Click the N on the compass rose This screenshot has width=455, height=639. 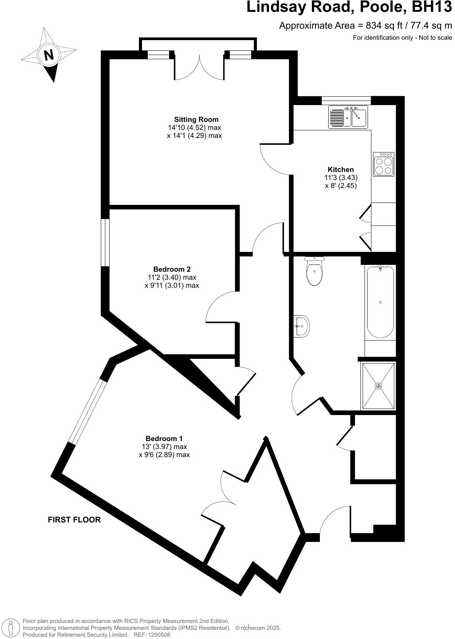click(x=49, y=55)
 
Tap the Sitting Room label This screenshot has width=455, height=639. click(x=196, y=120)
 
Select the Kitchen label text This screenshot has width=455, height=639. click(x=340, y=169)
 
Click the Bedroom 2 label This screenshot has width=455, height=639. click(x=172, y=269)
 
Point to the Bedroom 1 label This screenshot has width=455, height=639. click(x=164, y=438)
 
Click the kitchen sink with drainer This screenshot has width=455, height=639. click(x=347, y=117)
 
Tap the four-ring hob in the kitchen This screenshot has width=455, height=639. click(x=384, y=164)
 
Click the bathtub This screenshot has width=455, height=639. click(x=380, y=302)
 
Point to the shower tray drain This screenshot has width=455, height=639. click(x=378, y=386)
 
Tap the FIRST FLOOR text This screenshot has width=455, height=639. click(x=74, y=520)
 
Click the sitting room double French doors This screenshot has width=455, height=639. click(x=199, y=68)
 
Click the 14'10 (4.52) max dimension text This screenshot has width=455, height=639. click(x=194, y=128)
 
